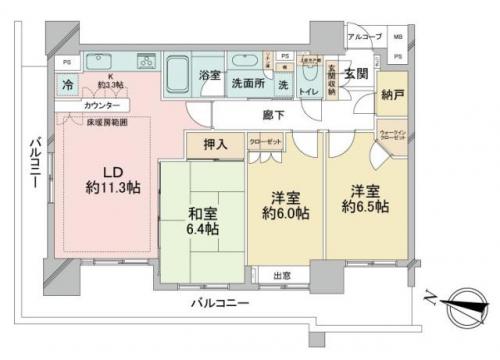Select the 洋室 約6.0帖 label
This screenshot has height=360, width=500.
click(x=285, y=206)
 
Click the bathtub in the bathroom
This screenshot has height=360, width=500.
click(x=177, y=75)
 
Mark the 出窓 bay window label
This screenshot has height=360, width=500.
click(x=283, y=276)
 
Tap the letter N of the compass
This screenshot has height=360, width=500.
click(x=428, y=297)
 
